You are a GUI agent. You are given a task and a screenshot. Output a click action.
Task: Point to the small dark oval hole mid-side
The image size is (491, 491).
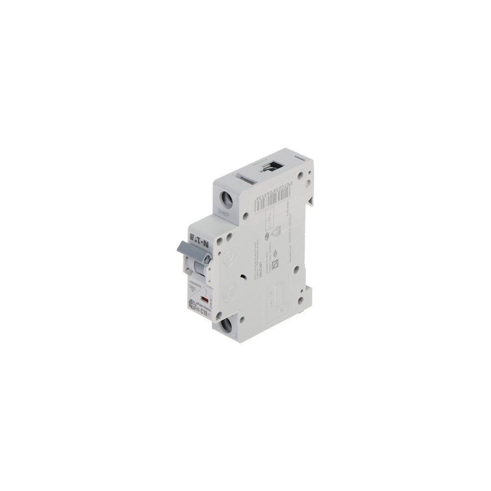coord(244,276)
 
